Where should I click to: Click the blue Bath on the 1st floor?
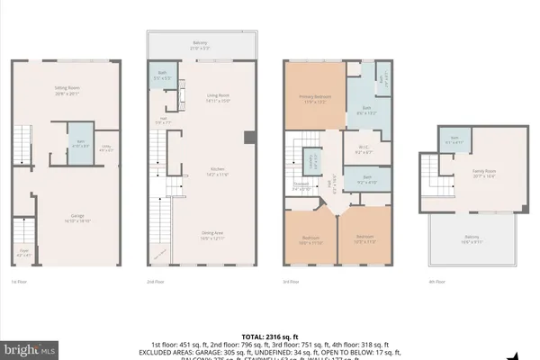78,143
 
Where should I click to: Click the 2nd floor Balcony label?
202,45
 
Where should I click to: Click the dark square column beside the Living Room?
249,137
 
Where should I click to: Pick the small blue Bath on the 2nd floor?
163,76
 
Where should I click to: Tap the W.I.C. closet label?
363,149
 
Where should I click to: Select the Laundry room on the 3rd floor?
312,163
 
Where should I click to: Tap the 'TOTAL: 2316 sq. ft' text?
270,335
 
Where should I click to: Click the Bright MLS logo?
31,346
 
